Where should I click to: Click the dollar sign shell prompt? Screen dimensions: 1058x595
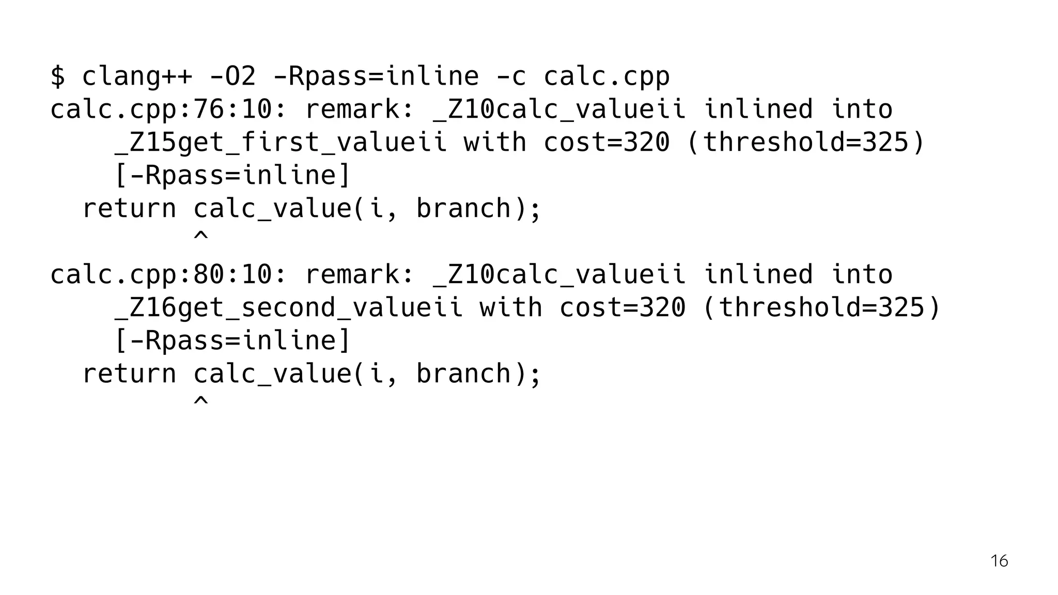(58, 76)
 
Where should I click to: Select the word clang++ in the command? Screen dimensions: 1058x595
(137, 76)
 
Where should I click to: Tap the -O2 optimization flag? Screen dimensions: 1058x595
(232, 76)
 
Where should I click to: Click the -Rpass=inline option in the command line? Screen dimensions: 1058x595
(376, 76)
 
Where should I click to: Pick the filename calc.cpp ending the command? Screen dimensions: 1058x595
(606, 76)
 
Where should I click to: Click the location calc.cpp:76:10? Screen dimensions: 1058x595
(168, 109)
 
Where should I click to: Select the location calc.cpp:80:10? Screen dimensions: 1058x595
(168, 275)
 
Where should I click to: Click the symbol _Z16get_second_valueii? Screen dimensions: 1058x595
(288, 308)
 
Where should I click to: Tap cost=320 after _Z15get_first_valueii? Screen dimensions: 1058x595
(606, 143)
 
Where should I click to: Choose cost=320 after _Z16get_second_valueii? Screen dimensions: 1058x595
(623, 308)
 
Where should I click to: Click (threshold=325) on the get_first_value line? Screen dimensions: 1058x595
(805, 143)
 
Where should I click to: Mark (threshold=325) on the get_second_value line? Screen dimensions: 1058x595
(821, 308)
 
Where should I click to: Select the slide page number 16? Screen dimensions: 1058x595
(999, 561)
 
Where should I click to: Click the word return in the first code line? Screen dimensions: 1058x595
(129, 209)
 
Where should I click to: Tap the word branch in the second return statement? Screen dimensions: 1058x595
(463, 374)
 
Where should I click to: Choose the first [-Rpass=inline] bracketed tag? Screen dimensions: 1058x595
(232, 176)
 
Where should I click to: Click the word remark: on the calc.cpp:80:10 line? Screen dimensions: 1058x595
(360, 275)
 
